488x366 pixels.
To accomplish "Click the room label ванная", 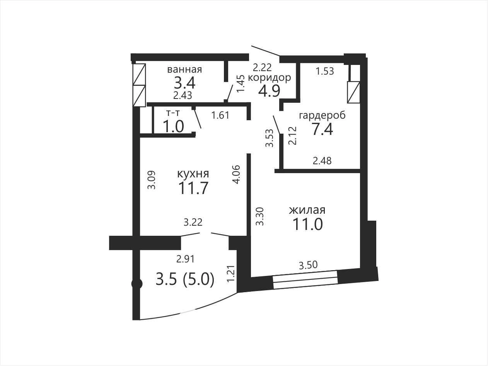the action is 184,70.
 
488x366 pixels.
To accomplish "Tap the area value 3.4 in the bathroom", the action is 184,83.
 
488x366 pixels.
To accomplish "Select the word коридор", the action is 269,78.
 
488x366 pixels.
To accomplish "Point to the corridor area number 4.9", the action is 269,91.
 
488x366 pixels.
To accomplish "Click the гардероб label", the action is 322,116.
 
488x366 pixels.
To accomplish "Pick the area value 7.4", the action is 322,129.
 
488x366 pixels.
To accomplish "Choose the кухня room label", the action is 193,174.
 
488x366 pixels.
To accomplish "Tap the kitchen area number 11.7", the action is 193,188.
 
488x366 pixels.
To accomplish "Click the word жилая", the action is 307,210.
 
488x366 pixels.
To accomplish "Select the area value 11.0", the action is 308,224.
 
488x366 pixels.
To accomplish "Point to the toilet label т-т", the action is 173,114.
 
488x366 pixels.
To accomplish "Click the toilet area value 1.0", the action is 173,126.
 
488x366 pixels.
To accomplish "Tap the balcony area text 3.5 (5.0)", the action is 185,279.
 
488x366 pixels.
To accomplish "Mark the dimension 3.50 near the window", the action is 308,265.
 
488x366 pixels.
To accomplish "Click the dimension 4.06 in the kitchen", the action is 236,174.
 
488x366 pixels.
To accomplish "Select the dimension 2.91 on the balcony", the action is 186,259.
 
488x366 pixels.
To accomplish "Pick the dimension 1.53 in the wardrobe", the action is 325,71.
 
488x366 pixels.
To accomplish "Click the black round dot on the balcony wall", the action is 137,284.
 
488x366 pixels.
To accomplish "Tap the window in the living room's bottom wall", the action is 305,280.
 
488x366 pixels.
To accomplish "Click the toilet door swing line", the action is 198,118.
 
